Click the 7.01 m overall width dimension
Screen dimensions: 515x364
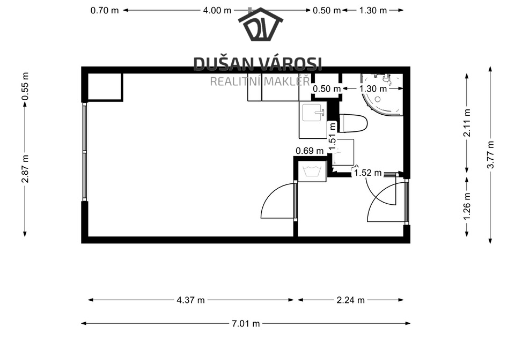click(x=246, y=324)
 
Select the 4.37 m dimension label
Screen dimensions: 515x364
click(x=190, y=300)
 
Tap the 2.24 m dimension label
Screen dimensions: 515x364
click(x=350, y=300)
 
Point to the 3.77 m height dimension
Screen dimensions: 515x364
click(x=490, y=154)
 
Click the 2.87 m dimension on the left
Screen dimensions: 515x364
click(x=25, y=168)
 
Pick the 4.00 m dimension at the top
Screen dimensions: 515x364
click(x=217, y=11)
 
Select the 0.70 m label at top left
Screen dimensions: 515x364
click(x=105, y=11)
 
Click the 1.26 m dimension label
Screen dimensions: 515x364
click(x=467, y=206)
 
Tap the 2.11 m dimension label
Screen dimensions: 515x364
click(x=467, y=122)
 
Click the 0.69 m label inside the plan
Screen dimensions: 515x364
click(x=310, y=151)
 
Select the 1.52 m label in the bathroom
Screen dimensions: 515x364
click(x=368, y=173)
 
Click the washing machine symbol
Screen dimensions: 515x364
click(x=312, y=172)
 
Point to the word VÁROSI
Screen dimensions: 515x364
click(x=290, y=64)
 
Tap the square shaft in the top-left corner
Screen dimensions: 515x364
click(x=105, y=87)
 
